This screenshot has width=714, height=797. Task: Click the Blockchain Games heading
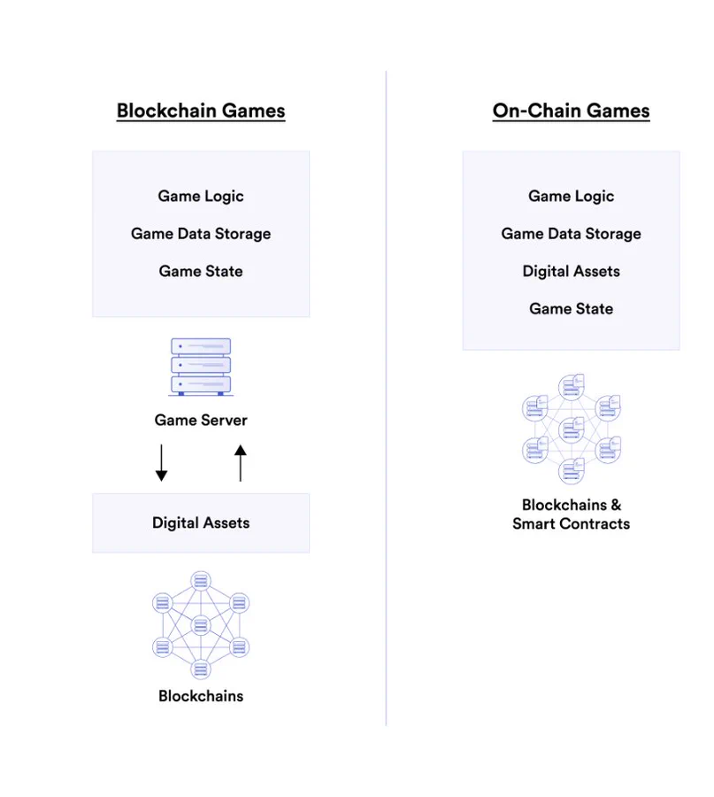click(201, 111)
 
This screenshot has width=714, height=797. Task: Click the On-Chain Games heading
click(571, 111)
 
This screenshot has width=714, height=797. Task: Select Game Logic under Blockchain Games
click(201, 197)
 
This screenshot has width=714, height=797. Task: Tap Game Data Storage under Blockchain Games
click(201, 234)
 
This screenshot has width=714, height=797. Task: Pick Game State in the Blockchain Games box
click(201, 272)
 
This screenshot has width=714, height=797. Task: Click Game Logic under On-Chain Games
click(571, 197)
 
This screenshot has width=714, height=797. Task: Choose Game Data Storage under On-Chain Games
click(571, 234)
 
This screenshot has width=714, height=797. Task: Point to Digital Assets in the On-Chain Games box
click(571, 272)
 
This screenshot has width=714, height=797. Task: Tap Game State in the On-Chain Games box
click(571, 309)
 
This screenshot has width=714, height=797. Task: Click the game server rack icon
click(201, 366)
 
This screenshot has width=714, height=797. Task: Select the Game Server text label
click(201, 421)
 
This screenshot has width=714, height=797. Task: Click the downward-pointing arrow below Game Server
click(161, 463)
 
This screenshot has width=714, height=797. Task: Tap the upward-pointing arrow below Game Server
click(240, 463)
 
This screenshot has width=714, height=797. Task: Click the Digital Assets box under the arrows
click(201, 523)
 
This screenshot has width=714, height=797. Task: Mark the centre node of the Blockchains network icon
click(201, 626)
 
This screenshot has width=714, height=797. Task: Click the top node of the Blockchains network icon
click(201, 582)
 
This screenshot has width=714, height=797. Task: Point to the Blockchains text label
click(201, 696)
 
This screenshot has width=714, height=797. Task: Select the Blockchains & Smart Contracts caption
click(571, 515)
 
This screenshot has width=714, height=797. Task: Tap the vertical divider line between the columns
click(387, 398)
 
